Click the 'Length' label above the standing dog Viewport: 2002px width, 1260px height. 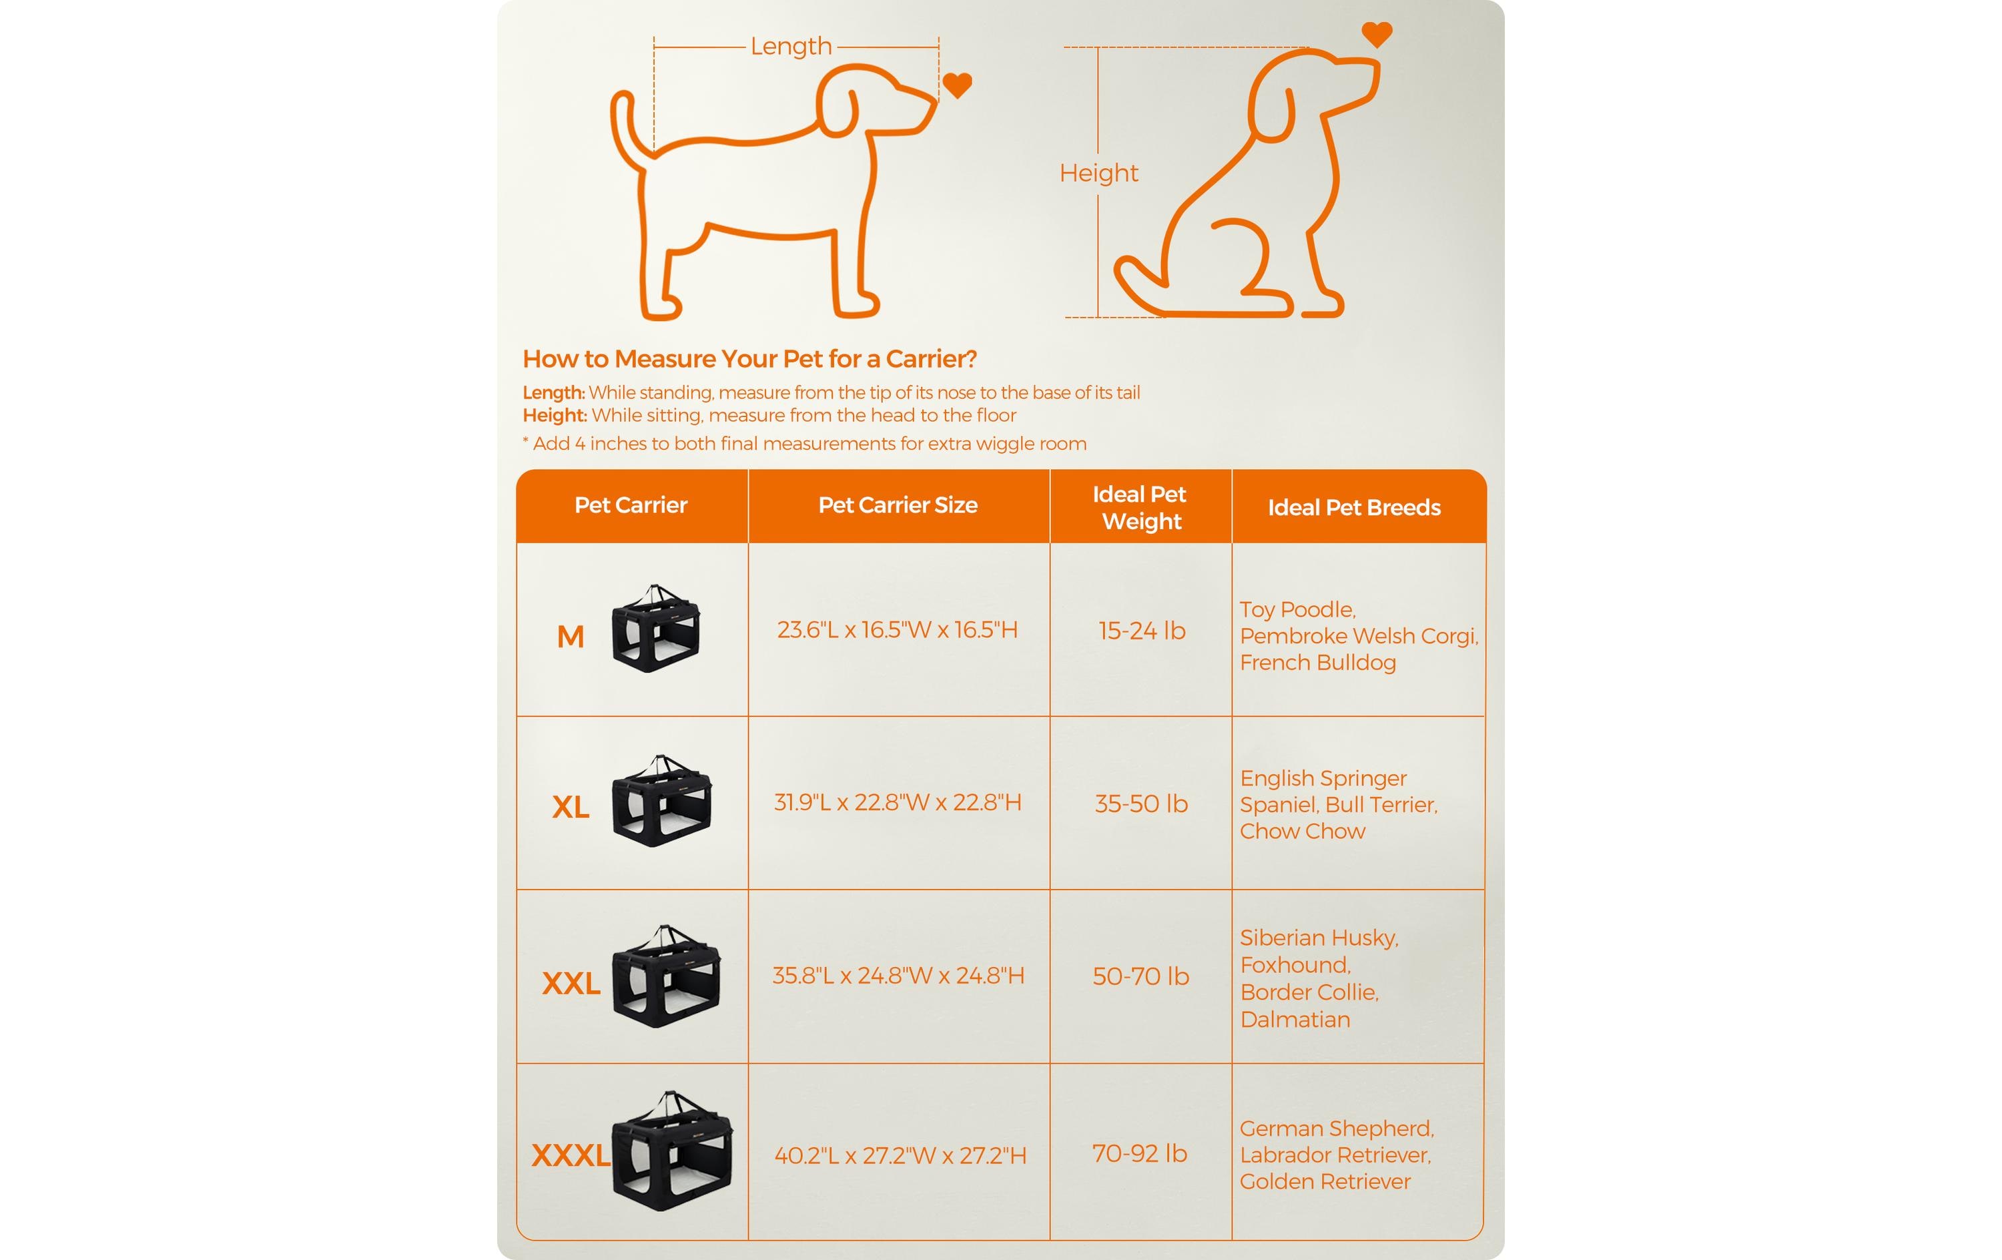point(791,46)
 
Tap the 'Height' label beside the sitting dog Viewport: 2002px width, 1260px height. point(1098,173)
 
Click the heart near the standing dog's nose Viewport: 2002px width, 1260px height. point(957,85)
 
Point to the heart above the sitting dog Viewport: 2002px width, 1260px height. point(1377,34)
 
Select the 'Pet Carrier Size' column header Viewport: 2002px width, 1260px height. point(898,505)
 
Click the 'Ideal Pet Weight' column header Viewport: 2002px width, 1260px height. point(1140,507)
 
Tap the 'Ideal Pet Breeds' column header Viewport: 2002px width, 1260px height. point(1354,507)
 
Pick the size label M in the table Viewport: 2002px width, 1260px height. point(571,637)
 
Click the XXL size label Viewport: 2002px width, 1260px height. point(571,983)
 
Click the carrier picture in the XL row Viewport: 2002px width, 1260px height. point(663,801)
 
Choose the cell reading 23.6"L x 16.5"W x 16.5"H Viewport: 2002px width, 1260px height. point(897,629)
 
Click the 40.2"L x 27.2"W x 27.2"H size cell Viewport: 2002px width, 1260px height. point(900,1155)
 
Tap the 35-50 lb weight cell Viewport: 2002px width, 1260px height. point(1140,804)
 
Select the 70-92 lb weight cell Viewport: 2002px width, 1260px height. point(1140,1153)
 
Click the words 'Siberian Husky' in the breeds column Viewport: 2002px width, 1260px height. point(1319,938)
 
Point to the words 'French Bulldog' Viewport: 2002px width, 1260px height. point(1318,663)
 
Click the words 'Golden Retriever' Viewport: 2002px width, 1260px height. point(1325,1182)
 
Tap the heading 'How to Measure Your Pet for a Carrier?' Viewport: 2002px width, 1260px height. point(749,359)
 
